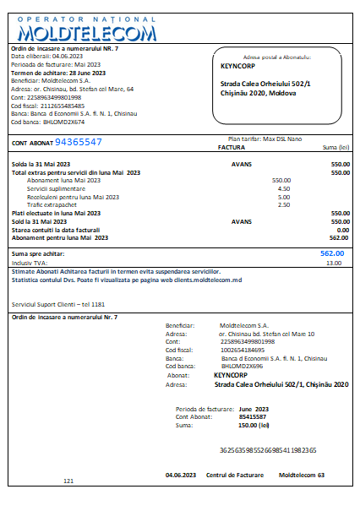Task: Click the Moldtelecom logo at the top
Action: click(86, 30)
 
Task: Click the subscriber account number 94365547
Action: click(84, 142)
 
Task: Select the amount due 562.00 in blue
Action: click(332, 253)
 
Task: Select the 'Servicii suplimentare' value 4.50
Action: click(283, 188)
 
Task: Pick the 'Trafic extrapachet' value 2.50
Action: click(283, 204)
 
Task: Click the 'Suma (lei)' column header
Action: click(335, 147)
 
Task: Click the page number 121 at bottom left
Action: click(69, 481)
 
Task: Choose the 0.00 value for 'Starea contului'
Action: click(342, 229)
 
